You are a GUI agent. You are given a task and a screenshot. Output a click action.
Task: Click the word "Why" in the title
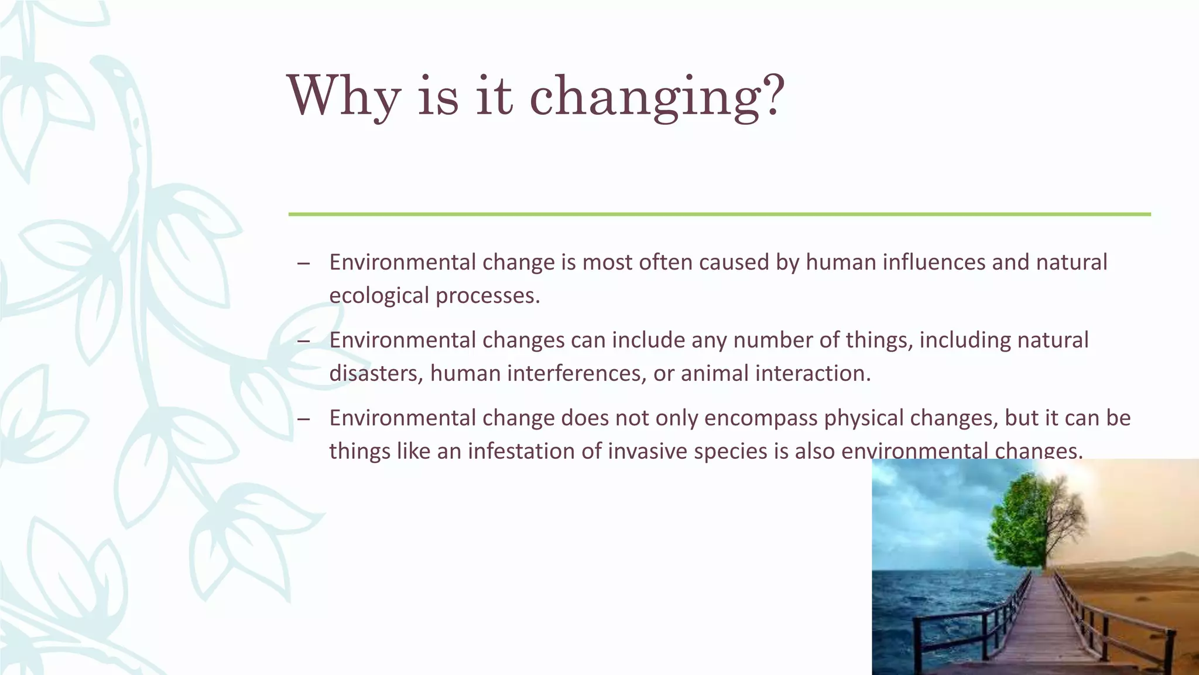pyautogui.click(x=344, y=97)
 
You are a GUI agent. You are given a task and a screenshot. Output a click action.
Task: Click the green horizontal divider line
pyautogui.click(x=719, y=214)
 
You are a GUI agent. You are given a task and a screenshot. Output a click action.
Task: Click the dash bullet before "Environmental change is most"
pyautogui.click(x=303, y=263)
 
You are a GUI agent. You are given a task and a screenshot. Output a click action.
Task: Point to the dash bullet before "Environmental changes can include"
pyautogui.click(x=303, y=341)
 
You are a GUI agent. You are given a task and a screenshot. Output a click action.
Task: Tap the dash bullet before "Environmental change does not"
pyautogui.click(x=303, y=419)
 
